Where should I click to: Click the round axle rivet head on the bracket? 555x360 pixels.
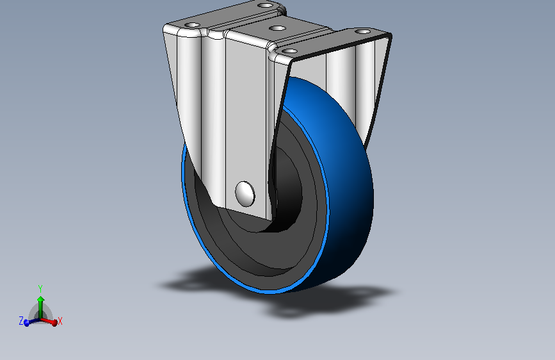point(245,193)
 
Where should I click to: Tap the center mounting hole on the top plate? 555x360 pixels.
point(277,28)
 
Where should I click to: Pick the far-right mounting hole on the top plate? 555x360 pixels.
point(362,31)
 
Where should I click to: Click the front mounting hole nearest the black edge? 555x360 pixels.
point(289,50)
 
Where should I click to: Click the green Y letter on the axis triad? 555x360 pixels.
point(40,288)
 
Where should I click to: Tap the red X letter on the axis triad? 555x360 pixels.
point(60,321)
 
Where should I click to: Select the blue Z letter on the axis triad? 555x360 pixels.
point(21,320)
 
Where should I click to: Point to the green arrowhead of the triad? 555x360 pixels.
point(40,299)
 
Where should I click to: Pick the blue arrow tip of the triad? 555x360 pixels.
point(27,322)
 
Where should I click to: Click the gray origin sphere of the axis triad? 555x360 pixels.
point(41,314)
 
